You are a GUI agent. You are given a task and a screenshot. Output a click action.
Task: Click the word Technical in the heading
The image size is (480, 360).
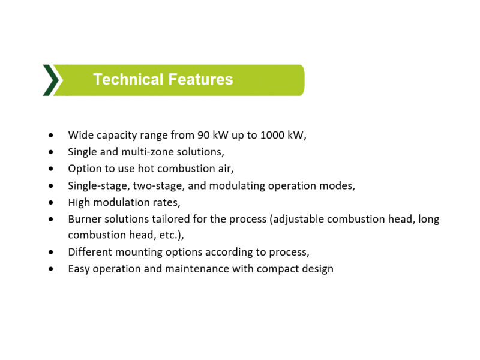(128, 79)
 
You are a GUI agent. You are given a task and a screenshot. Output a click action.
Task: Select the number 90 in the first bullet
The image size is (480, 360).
(203, 135)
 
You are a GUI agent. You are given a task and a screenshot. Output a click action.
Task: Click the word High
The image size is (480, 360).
(79, 202)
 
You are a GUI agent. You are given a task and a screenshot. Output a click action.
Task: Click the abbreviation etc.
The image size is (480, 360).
(168, 235)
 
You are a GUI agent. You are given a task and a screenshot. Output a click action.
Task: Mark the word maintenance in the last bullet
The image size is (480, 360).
(197, 269)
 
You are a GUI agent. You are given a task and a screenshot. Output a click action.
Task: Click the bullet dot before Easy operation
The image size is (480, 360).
(51, 269)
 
